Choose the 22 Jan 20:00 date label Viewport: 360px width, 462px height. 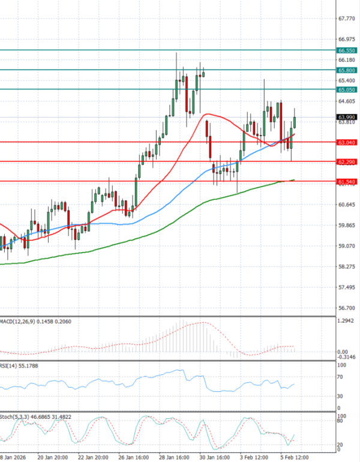coord(97,455)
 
